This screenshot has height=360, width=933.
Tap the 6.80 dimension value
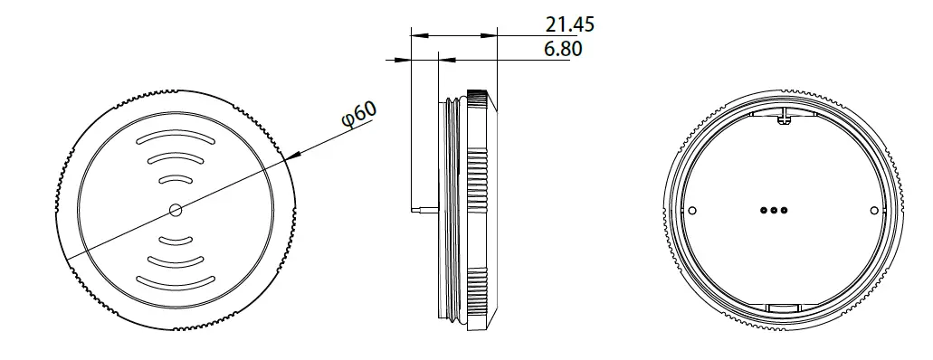[562, 49]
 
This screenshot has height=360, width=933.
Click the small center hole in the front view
[175, 210]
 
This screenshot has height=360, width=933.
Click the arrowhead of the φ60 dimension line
[290, 157]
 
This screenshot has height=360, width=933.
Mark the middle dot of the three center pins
[774, 211]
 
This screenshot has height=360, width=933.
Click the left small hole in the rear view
[693, 211]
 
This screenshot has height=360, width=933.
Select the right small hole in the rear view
[872, 211]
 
